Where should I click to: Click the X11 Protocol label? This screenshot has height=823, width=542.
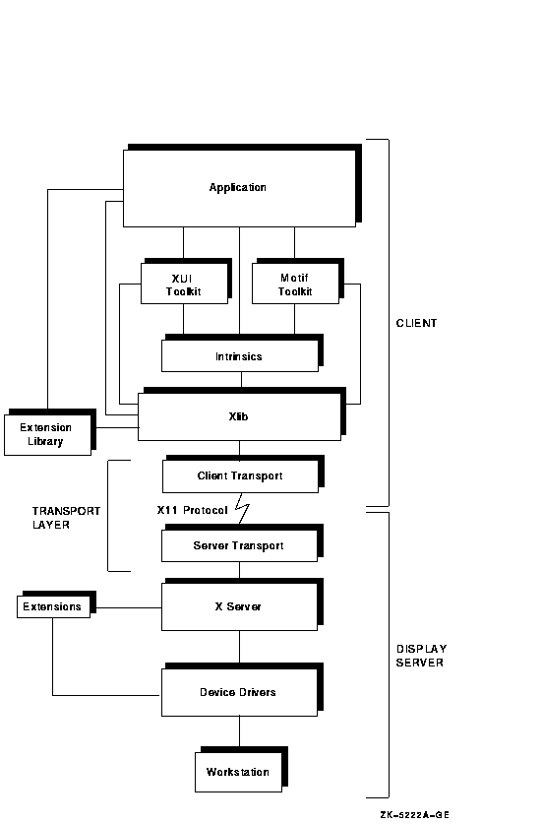[192, 510]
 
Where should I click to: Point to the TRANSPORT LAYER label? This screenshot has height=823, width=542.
[66, 518]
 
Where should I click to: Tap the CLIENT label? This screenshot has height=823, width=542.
[417, 323]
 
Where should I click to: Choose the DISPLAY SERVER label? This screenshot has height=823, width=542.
[421, 656]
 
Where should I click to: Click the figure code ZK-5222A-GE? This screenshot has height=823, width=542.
[414, 814]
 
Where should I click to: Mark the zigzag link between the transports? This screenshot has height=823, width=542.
[242, 509]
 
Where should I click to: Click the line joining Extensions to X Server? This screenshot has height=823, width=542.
[129, 607]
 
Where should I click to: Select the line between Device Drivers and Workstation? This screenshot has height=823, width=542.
[240, 731]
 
